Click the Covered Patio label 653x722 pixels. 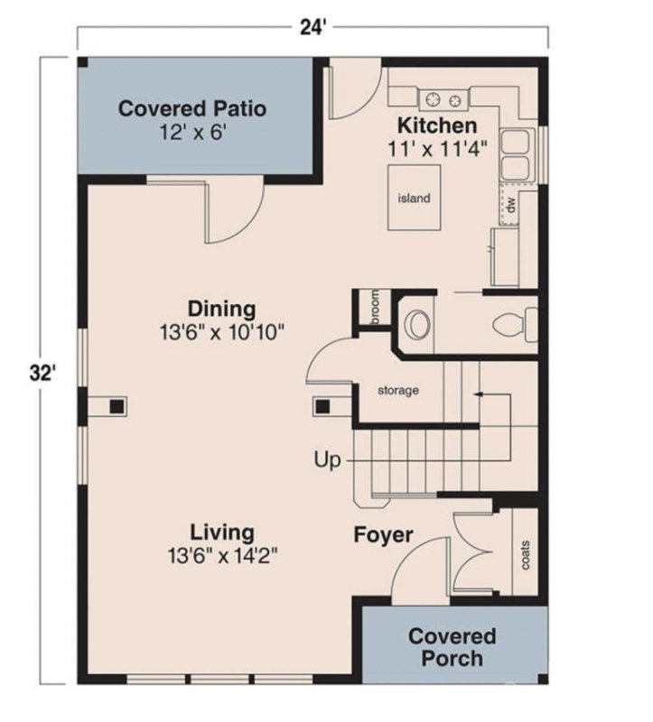[192, 109]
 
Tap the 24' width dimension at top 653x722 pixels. [313, 26]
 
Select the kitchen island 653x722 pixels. [414, 199]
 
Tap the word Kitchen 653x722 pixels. [437, 125]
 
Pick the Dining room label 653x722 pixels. [221, 309]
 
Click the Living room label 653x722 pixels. [221, 532]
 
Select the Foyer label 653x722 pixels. [383, 535]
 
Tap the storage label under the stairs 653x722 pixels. [398, 391]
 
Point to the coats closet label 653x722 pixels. [526, 555]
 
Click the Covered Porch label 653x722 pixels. [452, 648]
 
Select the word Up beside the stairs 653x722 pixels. [328, 461]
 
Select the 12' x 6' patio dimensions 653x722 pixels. [192, 133]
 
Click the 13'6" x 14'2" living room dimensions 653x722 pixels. [221, 555]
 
